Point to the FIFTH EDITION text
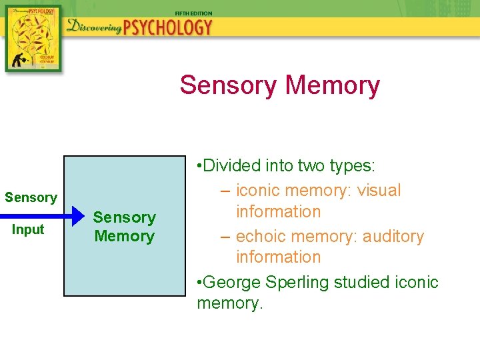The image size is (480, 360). click(194, 13)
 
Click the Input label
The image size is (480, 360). click(29, 229)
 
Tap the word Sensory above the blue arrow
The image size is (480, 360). click(31, 197)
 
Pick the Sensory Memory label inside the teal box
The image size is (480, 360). click(125, 227)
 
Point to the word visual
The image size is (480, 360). click(379, 190)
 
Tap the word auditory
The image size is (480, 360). click(394, 236)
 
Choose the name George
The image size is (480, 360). click(233, 282)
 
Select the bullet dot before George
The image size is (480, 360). click(200, 283)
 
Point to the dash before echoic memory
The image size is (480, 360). click(225, 236)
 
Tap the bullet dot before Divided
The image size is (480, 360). click(200, 166)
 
